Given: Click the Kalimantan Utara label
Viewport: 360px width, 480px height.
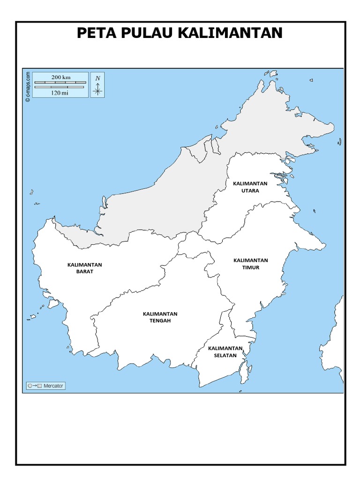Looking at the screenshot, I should click(x=250, y=187).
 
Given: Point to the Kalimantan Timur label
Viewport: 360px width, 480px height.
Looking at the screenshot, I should click(x=250, y=264).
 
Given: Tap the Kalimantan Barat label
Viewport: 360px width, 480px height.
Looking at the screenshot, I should click(x=84, y=268).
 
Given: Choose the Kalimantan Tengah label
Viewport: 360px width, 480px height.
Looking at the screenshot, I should click(x=160, y=317).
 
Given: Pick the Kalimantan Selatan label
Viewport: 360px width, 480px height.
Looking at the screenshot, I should click(x=225, y=352).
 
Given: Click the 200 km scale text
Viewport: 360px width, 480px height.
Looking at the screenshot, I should click(x=60, y=77).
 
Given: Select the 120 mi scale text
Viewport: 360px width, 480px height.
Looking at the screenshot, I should click(x=60, y=93).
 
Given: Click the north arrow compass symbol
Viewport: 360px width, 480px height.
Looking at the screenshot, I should click(x=97, y=90).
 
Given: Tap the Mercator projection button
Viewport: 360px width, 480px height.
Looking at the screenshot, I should click(x=45, y=386).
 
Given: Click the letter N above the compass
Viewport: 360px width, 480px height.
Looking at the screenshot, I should click(x=97, y=78).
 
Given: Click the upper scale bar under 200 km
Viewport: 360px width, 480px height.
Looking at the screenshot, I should click(x=60, y=82).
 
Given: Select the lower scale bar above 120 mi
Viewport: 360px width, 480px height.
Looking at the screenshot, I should click(x=60, y=87).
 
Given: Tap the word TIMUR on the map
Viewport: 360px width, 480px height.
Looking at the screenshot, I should click(x=250, y=268).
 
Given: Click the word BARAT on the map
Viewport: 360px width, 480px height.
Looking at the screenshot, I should click(x=84, y=271).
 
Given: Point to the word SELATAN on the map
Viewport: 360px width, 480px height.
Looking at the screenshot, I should click(x=225, y=355).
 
